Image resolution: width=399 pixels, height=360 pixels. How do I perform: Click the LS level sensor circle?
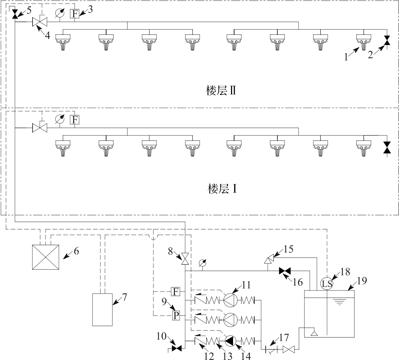click(x=327, y=284)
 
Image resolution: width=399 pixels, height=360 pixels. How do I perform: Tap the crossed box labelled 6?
click(x=46, y=257)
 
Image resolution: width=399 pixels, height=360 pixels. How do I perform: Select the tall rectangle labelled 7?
click(x=102, y=310)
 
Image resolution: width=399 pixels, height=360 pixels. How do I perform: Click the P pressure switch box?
click(x=176, y=316)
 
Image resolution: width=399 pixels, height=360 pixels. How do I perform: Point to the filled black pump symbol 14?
click(x=230, y=341)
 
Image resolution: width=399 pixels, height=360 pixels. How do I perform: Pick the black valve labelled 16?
click(x=285, y=271)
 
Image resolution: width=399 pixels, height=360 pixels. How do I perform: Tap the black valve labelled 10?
click(x=177, y=349)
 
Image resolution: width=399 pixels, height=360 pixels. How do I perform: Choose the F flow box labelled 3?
click(x=75, y=13)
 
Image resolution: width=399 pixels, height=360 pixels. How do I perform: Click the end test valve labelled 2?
click(x=387, y=40)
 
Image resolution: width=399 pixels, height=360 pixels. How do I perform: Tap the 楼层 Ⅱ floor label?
click(x=221, y=91)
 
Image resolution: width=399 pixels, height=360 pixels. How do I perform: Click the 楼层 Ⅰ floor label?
click(x=222, y=189)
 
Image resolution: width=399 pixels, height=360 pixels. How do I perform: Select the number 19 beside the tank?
click(x=362, y=281)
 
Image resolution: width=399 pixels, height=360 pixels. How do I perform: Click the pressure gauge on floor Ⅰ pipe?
click(x=60, y=119)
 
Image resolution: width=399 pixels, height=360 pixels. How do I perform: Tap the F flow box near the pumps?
click(x=176, y=291)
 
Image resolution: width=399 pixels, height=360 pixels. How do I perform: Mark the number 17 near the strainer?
click(x=284, y=337)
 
